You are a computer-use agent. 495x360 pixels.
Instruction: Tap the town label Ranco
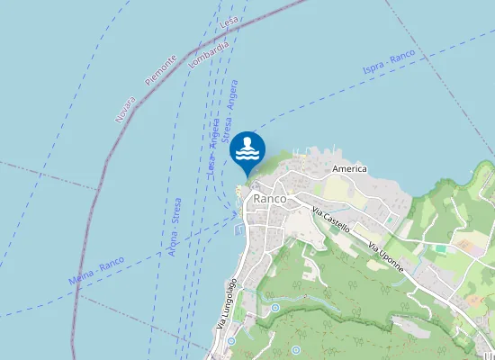tap(269, 198)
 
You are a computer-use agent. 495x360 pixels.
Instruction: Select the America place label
tap(349, 168)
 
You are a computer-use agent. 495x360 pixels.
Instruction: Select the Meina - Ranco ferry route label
tap(96, 270)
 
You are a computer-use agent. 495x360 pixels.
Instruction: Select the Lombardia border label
tap(209, 52)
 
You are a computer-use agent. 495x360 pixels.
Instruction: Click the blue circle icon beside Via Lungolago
tap(231, 341)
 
